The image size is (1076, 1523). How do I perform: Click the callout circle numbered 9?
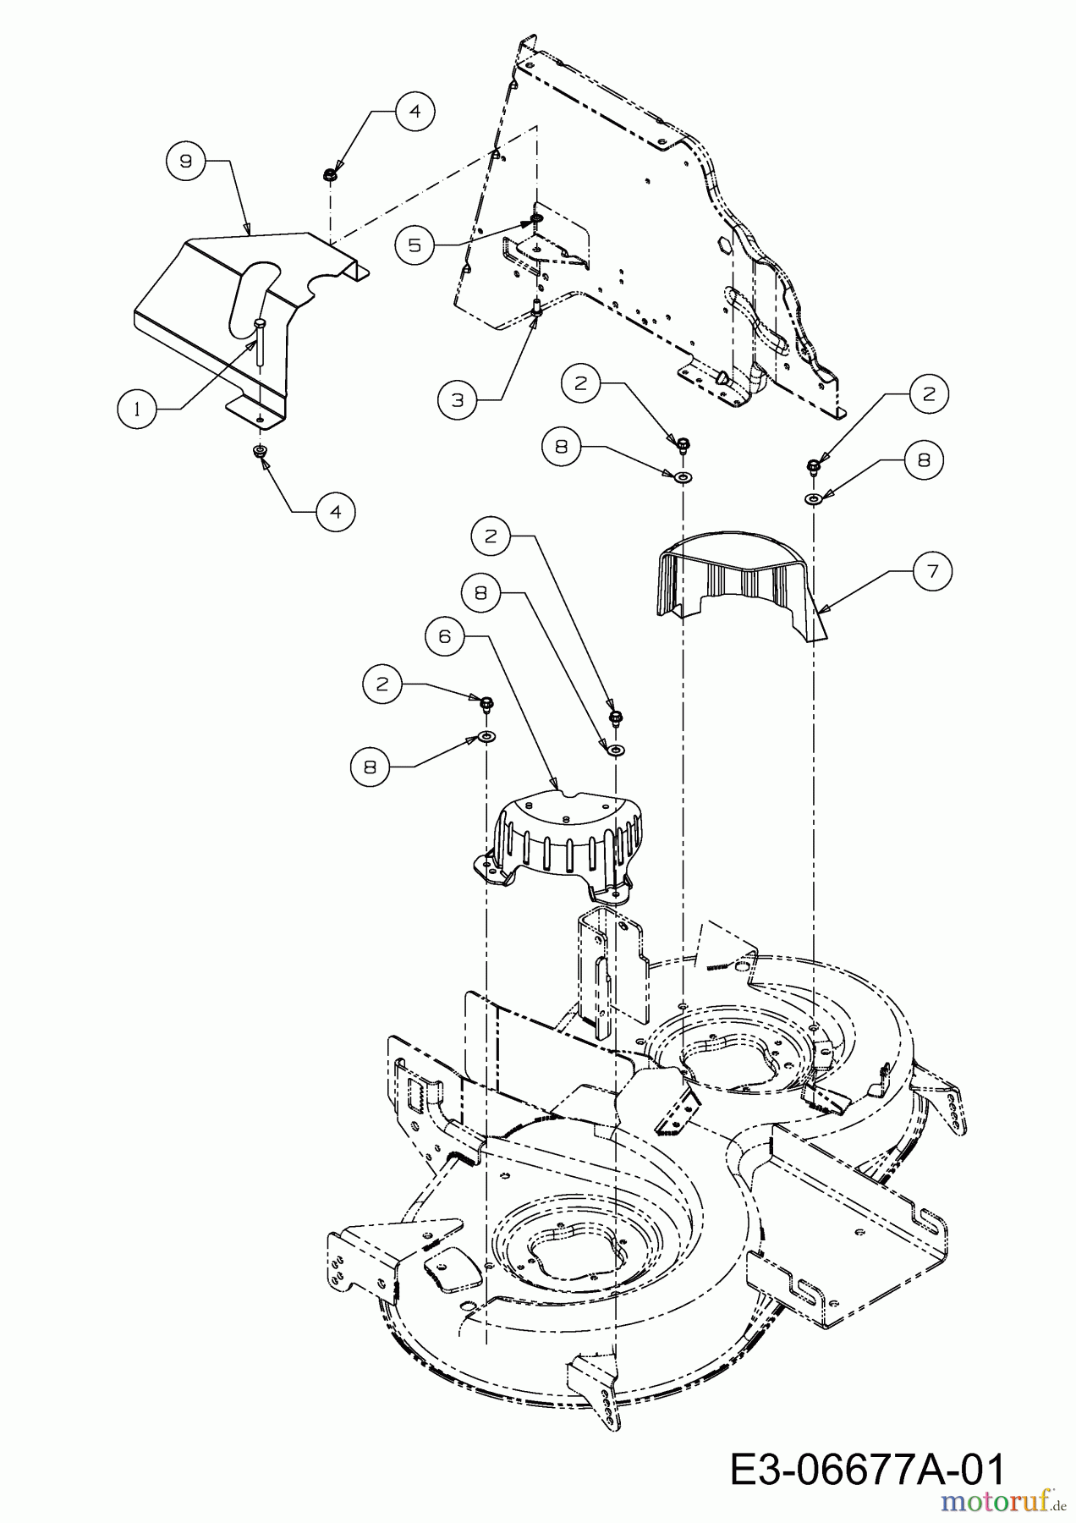[x=186, y=161]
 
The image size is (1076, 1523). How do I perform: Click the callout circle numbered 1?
[x=136, y=409]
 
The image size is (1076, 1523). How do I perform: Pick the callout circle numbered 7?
[x=932, y=572]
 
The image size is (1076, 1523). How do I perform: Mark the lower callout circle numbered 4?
[x=336, y=512]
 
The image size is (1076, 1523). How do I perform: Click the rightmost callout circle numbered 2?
[x=930, y=393]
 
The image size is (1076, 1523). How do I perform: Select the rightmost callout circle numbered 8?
[x=924, y=459]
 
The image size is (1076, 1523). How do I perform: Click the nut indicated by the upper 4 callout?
[x=327, y=174]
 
